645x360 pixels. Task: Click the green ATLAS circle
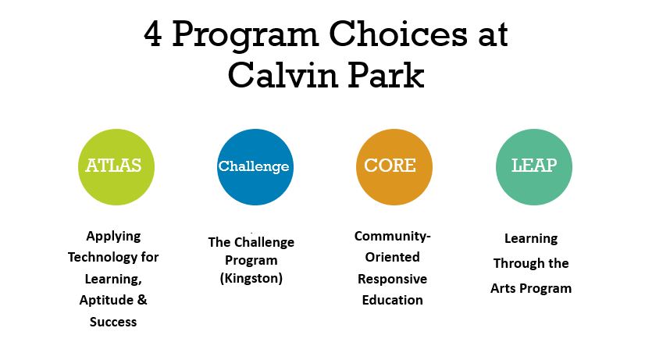(x=116, y=166)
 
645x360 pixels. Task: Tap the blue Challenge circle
(x=255, y=166)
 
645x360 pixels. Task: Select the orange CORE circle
(x=394, y=166)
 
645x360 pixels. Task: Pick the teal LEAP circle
(x=533, y=166)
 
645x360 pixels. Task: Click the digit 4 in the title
(x=152, y=34)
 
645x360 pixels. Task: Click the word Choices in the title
(x=398, y=34)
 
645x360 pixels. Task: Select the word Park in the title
(x=387, y=75)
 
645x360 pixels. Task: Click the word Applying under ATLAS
(x=113, y=237)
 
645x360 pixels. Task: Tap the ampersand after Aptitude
(x=142, y=300)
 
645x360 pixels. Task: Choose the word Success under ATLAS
(x=113, y=321)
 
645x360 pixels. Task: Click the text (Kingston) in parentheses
(x=251, y=279)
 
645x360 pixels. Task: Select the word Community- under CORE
(x=393, y=236)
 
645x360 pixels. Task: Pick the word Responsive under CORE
(x=393, y=279)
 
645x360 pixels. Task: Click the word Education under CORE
(x=393, y=300)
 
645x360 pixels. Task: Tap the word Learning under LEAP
(x=531, y=239)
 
